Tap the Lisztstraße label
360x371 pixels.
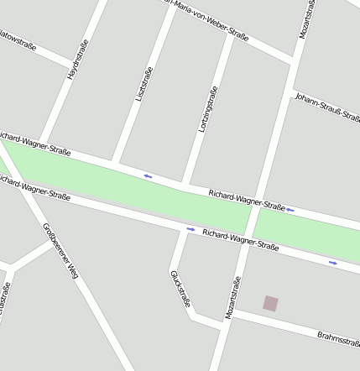tap(144, 84)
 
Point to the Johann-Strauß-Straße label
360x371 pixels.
tap(327, 107)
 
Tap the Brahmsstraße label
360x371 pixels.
tap(339, 337)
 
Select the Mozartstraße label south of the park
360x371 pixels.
tap(233, 299)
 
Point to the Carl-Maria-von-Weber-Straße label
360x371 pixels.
tap(210, 18)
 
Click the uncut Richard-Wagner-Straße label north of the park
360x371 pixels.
tap(247, 200)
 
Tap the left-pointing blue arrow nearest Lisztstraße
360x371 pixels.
tap(148, 175)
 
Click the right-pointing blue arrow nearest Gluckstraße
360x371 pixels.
tap(190, 228)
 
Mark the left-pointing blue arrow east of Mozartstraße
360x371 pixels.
tap(290, 209)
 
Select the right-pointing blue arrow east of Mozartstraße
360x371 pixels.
tap(333, 263)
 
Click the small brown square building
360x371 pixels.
tap(270, 303)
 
